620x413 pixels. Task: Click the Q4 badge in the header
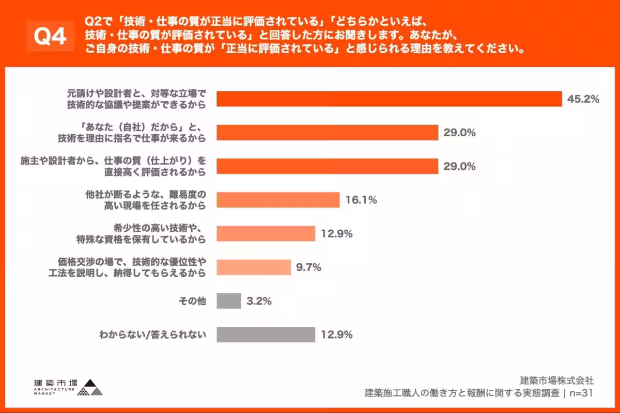tap(50, 36)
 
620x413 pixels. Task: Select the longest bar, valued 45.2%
tap(389, 99)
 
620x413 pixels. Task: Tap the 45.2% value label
tap(583, 99)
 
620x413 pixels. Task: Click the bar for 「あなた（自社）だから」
tap(327, 133)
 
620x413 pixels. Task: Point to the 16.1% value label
tap(361, 200)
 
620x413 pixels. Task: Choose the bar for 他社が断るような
tap(278, 200)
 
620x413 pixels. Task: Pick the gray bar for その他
tap(229, 301)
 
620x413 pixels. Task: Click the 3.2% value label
tap(259, 301)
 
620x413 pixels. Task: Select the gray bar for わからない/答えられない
tap(266, 335)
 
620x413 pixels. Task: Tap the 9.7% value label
tap(308, 267)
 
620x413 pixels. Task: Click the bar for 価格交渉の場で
tap(254, 267)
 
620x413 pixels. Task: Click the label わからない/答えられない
tap(152, 335)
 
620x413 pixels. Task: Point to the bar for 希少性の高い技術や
tap(266, 234)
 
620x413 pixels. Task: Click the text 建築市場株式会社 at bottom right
tap(557, 381)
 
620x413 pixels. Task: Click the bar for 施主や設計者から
tap(327, 166)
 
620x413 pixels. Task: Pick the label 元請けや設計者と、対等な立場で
tap(136, 94)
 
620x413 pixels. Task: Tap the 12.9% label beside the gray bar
tap(336, 335)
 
